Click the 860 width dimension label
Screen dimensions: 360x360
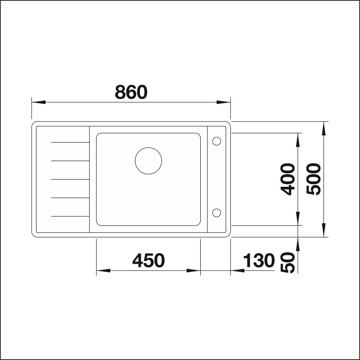(131, 92)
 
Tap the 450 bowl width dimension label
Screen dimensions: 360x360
(148, 261)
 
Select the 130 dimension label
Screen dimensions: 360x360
(259, 261)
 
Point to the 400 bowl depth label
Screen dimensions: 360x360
(288, 179)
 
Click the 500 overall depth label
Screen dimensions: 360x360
(313, 179)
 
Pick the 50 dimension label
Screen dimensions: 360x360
(288, 263)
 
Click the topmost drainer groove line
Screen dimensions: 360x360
(70, 142)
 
